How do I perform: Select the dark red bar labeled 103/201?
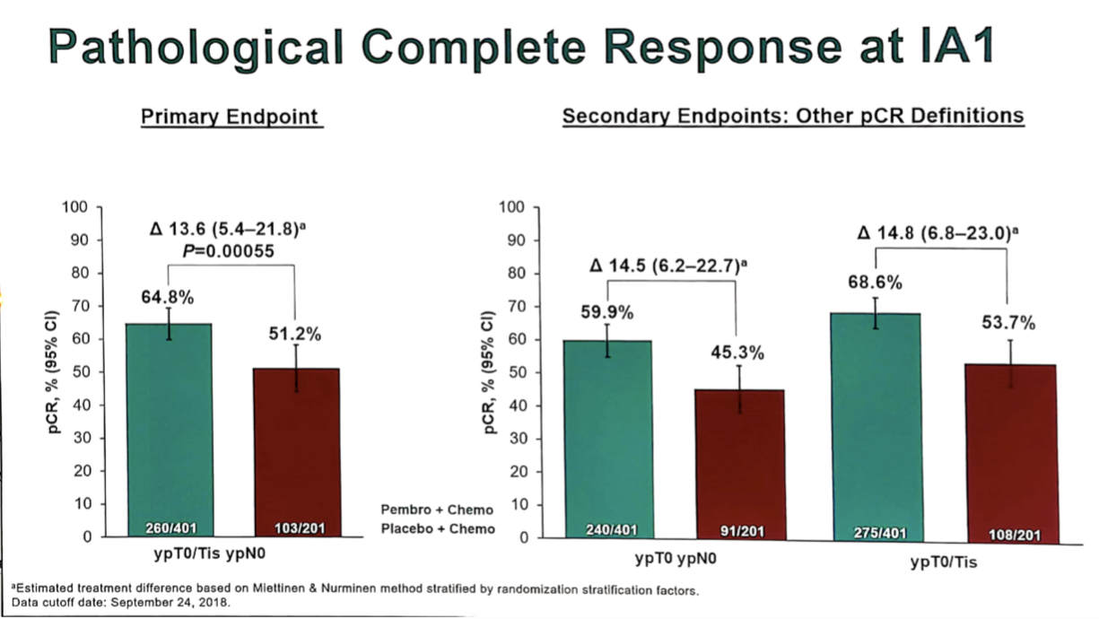295,453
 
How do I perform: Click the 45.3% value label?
737,353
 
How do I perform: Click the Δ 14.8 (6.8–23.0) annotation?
938,233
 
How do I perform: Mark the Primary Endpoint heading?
231,117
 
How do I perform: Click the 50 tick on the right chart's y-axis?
515,372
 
